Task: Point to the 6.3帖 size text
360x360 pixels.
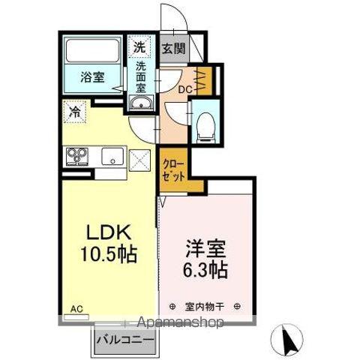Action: coord(203,268)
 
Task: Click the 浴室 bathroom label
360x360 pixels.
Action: coord(92,76)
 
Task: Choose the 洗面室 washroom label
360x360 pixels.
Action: coord(140,76)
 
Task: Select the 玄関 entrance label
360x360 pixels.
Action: coord(172,50)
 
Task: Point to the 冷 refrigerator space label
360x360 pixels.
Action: coord(75,112)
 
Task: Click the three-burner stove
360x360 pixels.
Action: coord(77,156)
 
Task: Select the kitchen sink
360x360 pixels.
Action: coord(111,157)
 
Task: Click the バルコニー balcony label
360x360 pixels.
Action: coord(125,340)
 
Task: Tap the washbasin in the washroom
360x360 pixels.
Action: coord(140,103)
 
